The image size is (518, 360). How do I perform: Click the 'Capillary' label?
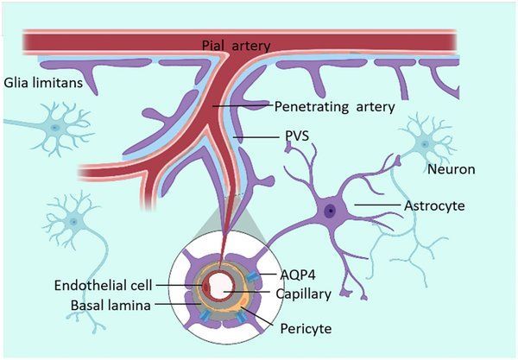pyautogui.click(x=303, y=294)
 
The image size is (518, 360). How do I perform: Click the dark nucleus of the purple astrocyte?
pyautogui.click(x=330, y=210)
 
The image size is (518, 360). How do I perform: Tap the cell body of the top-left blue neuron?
pyautogui.click(x=56, y=127)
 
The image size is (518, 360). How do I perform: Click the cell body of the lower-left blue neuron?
pyautogui.click(x=73, y=222)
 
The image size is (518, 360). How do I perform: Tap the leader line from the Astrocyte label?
pyautogui.click(x=376, y=205)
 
